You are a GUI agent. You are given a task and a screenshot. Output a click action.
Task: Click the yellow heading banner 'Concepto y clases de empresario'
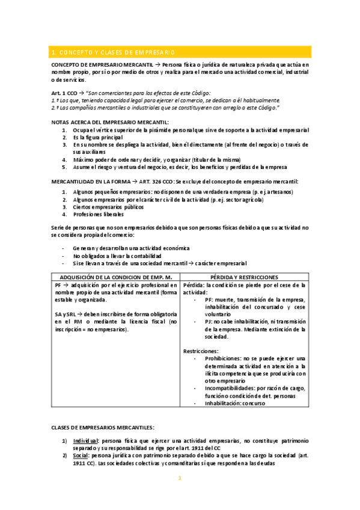point(180,52)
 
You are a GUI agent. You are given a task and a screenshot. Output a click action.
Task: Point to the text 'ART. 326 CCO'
point(155,181)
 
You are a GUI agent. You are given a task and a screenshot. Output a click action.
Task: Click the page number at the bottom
point(180,479)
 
